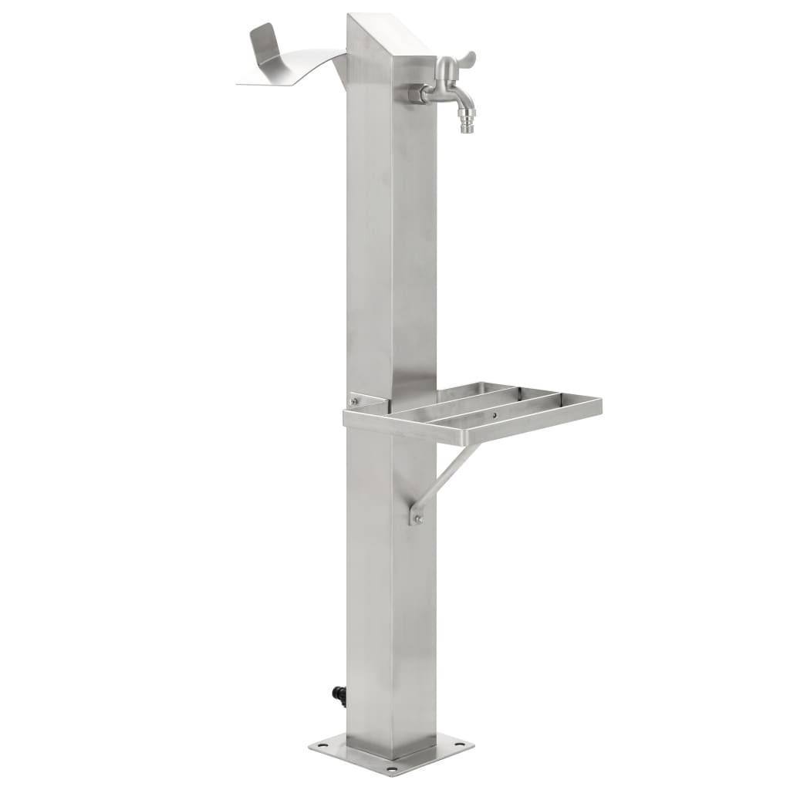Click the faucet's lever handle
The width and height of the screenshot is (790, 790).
465,60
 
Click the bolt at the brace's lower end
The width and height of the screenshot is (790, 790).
417,519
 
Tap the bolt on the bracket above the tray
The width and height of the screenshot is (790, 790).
356,400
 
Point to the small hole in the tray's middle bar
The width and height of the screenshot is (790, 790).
495,414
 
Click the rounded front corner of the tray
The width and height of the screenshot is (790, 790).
349,417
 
